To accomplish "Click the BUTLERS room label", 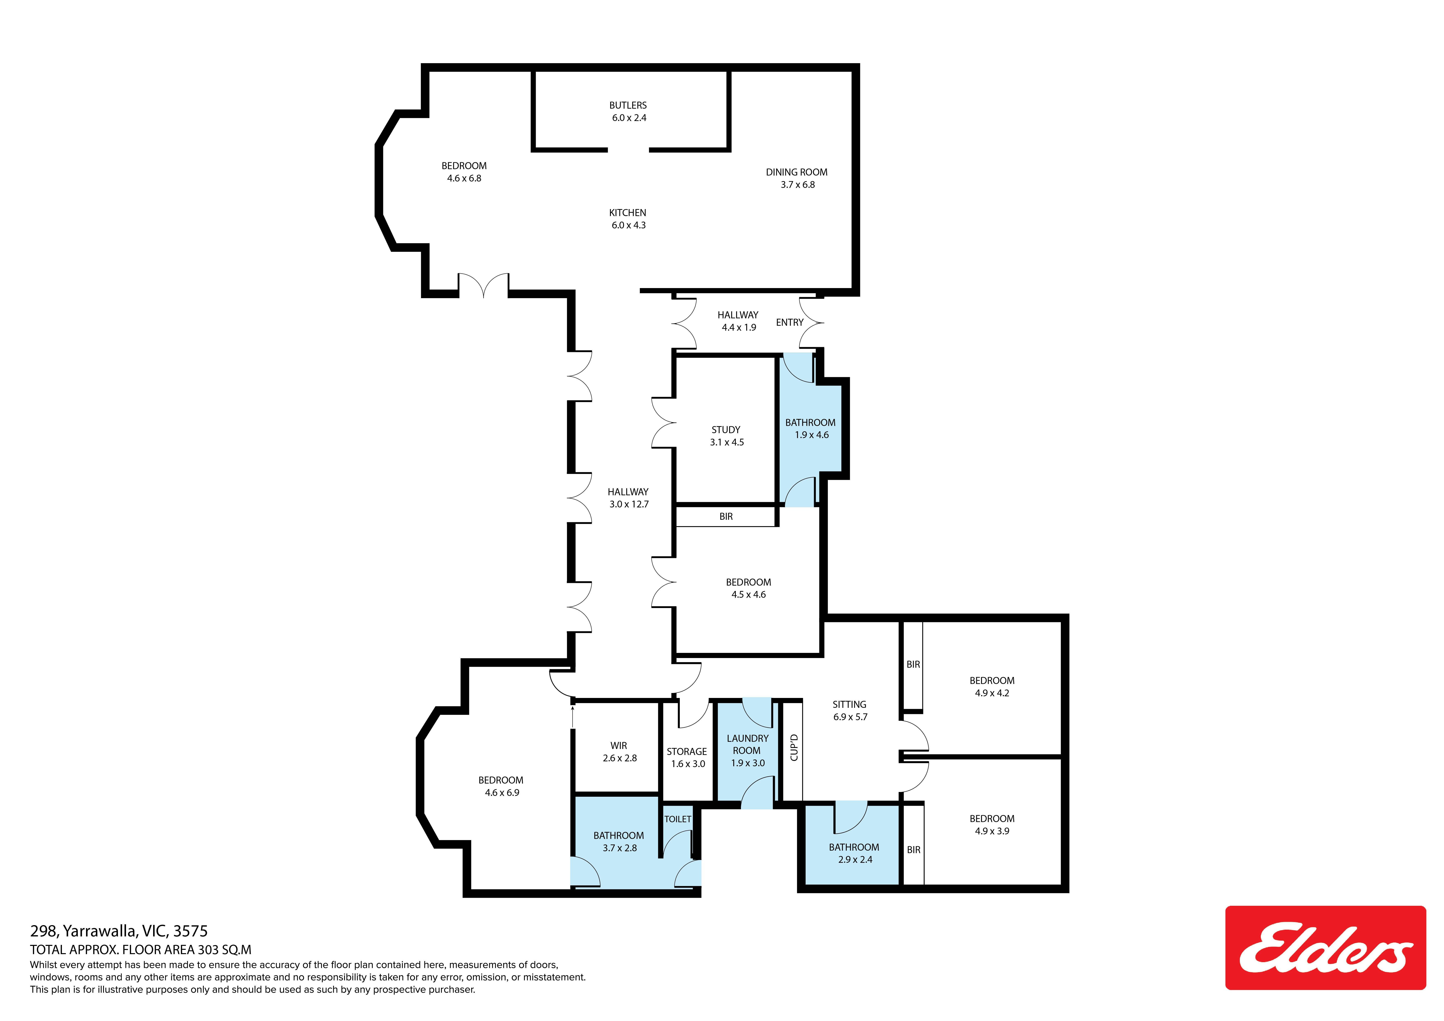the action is pos(628,111).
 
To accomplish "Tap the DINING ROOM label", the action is pos(797,178).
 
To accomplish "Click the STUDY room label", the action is pos(726,436).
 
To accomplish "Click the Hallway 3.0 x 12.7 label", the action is pos(628,498).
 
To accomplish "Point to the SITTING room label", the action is pos(850,711).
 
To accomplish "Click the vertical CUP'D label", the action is pos(794,748).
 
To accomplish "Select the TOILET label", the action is pos(678,819).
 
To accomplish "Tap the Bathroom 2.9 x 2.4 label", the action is pos(854,853).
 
